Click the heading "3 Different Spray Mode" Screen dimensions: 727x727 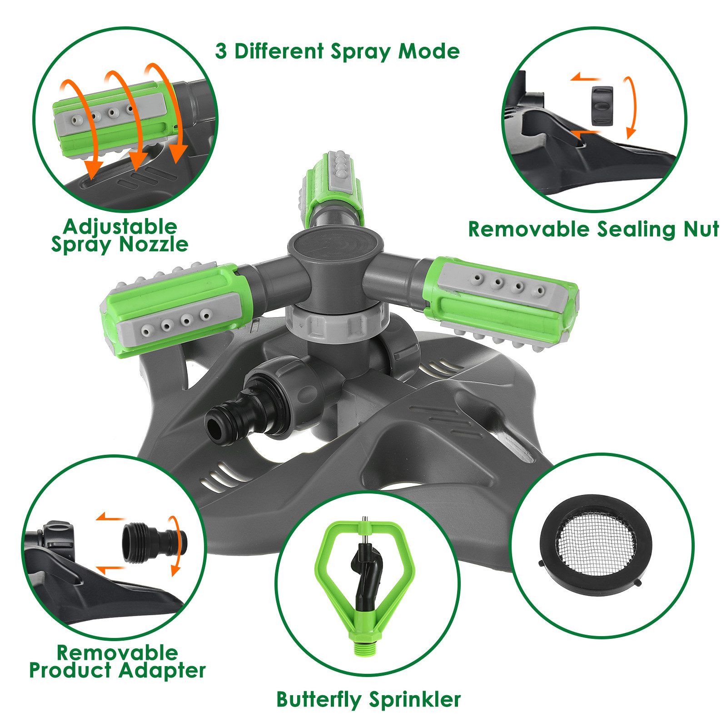[x=337, y=51]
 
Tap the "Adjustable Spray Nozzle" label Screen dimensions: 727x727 [x=120, y=235]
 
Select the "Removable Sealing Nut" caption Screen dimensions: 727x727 [x=593, y=229]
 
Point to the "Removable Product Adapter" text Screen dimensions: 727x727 [x=117, y=662]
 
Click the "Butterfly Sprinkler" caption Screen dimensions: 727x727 [x=368, y=700]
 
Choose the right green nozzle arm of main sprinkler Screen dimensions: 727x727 [x=500, y=300]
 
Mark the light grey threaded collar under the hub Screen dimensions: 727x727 [x=337, y=318]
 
